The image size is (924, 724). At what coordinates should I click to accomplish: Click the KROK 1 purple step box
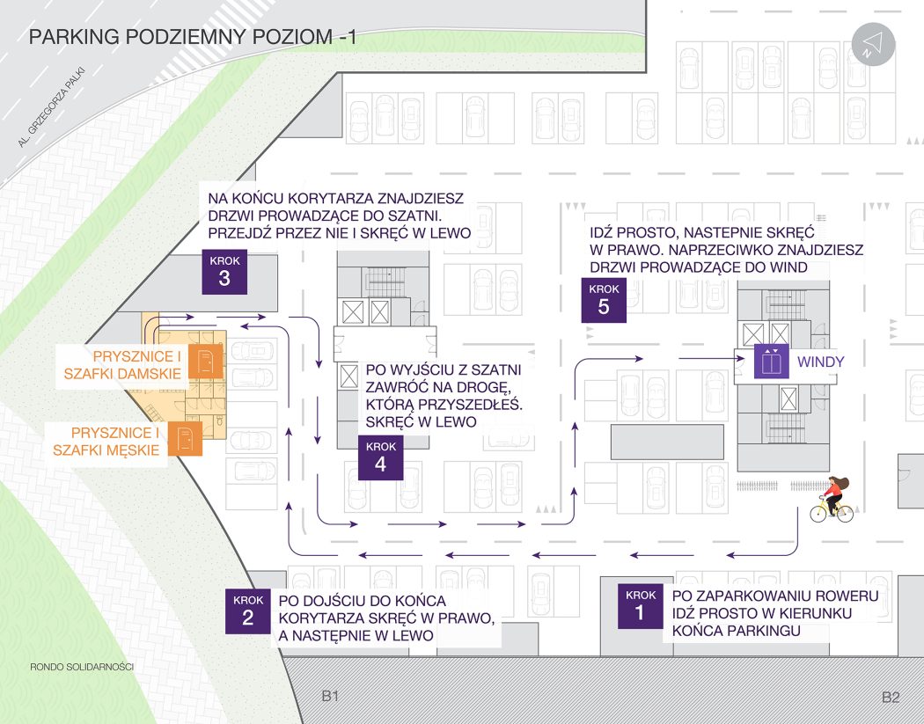(640, 605)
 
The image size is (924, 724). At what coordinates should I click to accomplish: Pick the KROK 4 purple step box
(381, 457)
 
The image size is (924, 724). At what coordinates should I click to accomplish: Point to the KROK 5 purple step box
(604, 300)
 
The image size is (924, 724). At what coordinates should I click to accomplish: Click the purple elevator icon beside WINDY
(771, 362)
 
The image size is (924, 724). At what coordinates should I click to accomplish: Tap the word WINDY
(820, 362)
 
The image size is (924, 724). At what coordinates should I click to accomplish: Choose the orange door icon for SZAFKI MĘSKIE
(185, 440)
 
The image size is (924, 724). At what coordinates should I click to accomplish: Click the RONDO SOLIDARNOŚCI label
(81, 667)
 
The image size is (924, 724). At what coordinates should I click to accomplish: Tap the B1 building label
(330, 697)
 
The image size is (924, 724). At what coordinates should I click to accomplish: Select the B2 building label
(891, 698)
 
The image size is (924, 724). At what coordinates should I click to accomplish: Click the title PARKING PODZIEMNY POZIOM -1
(193, 37)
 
